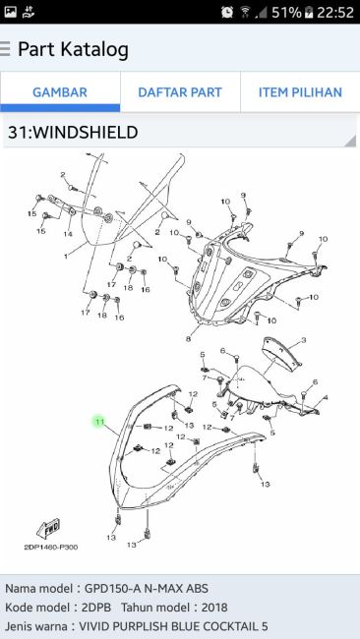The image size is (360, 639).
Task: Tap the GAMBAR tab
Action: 60,92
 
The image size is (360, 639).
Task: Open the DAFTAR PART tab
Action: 180,92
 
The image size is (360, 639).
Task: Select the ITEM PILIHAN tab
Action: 300,92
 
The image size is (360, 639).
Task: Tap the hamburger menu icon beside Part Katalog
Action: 5,48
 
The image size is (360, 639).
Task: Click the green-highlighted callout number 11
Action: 99,422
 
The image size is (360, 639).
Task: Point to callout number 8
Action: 188,338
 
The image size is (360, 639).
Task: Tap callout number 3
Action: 303,340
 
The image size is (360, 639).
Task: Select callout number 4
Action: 325,397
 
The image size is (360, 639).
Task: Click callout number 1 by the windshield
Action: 66,257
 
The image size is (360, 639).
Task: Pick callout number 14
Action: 68,234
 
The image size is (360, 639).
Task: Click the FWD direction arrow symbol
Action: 48,529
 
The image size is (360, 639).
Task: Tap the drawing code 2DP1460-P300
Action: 51,548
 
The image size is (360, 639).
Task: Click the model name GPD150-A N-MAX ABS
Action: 147,589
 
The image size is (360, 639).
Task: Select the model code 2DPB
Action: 96,608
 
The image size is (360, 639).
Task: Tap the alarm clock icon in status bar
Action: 227,12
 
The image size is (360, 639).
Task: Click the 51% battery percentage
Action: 286,12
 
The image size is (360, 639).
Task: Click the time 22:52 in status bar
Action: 335,12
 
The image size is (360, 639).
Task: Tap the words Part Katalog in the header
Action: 74,49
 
